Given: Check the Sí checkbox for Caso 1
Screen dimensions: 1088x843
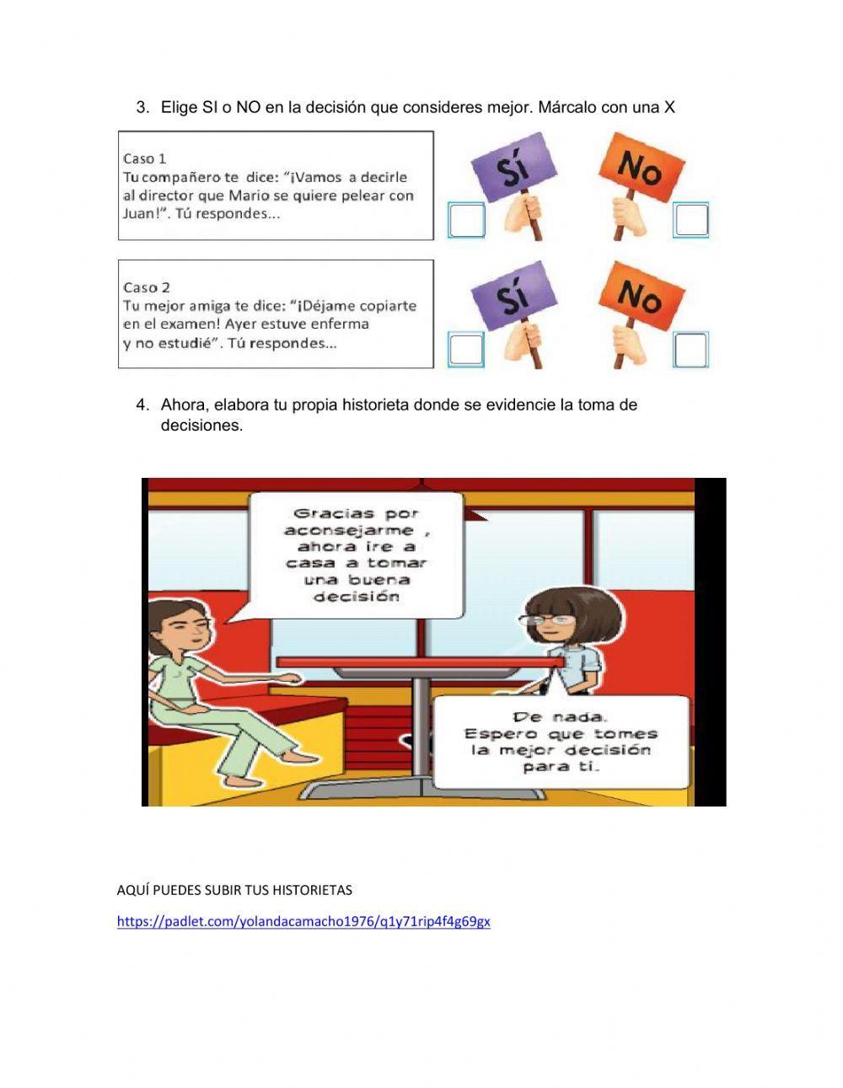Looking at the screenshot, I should [x=466, y=220].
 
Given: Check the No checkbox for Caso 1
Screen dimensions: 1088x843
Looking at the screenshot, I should [x=691, y=220].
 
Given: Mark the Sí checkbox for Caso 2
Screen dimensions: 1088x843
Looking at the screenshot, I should [x=466, y=350].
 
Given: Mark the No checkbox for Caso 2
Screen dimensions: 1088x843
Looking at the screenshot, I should [x=691, y=350].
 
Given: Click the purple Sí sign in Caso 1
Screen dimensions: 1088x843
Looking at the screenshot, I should [x=514, y=167].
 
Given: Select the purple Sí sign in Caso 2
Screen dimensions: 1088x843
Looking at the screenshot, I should [x=514, y=297].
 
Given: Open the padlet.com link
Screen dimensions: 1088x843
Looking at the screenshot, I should [x=303, y=921].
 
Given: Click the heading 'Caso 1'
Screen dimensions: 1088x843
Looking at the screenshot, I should [x=144, y=158].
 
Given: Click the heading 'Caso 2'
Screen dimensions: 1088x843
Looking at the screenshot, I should [x=146, y=287].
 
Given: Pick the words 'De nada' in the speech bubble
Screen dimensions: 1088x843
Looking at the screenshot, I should [x=560, y=717].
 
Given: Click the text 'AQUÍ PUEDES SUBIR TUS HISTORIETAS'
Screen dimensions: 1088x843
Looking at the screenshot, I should [x=234, y=890].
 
